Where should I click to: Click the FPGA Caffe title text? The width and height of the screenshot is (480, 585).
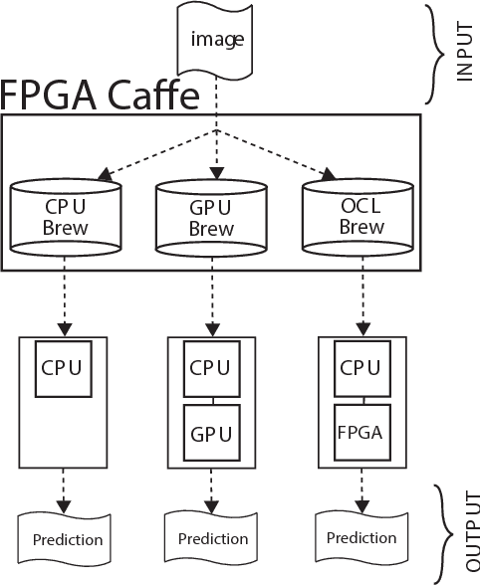[x=100, y=96]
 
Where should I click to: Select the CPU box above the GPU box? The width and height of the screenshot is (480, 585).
[x=210, y=369]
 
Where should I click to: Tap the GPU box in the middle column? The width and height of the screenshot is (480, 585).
[x=210, y=434]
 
